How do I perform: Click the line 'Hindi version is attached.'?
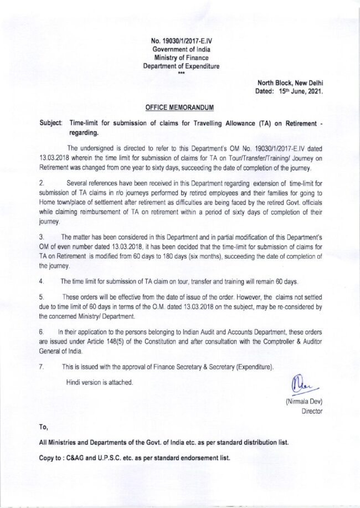click(x=100, y=382)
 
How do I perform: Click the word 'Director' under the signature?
click(x=311, y=411)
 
